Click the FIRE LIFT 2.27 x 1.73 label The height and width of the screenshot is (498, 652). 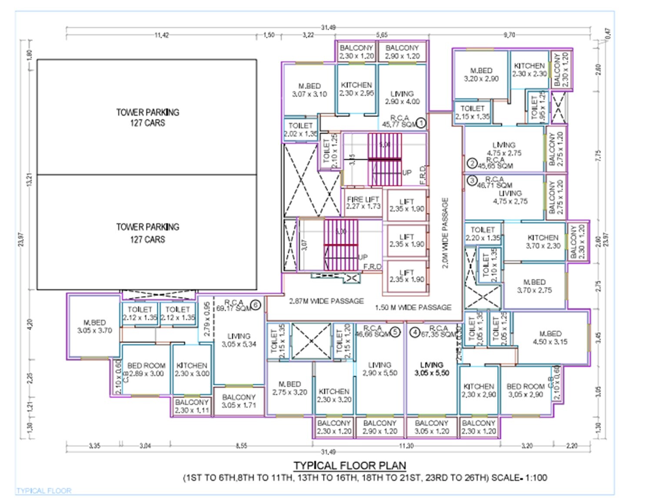pyautogui.click(x=363, y=203)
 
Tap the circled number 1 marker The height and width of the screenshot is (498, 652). pyautogui.click(x=420, y=123)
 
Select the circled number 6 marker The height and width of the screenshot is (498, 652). pyautogui.click(x=256, y=305)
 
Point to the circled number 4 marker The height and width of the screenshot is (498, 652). pyautogui.click(x=415, y=333)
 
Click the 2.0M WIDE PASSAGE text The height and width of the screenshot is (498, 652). pyautogui.click(x=445, y=233)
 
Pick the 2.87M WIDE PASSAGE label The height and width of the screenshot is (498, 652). pyautogui.click(x=326, y=301)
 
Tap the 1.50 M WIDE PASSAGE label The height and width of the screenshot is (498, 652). pyautogui.click(x=413, y=307)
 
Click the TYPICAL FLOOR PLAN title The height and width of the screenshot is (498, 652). pyautogui.click(x=349, y=465)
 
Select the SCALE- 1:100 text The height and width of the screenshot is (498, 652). pyautogui.click(x=519, y=478)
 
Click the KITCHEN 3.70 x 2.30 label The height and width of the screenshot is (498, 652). pyautogui.click(x=542, y=242)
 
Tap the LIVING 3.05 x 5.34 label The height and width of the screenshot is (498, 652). pyautogui.click(x=239, y=340)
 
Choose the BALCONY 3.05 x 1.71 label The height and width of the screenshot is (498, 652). pyautogui.click(x=239, y=401)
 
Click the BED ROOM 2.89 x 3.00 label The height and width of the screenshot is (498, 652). pyautogui.click(x=146, y=370)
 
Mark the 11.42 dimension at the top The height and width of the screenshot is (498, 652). pyautogui.click(x=162, y=35)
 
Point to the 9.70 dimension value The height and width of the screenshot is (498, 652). pyautogui.click(x=509, y=35)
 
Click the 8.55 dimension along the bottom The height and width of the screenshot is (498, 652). pyautogui.click(x=241, y=446)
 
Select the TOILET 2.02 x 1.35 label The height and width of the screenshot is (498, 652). pyautogui.click(x=300, y=130)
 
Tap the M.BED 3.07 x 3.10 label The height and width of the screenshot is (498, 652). pyautogui.click(x=309, y=90)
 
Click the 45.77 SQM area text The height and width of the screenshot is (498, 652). pyautogui.click(x=399, y=124)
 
